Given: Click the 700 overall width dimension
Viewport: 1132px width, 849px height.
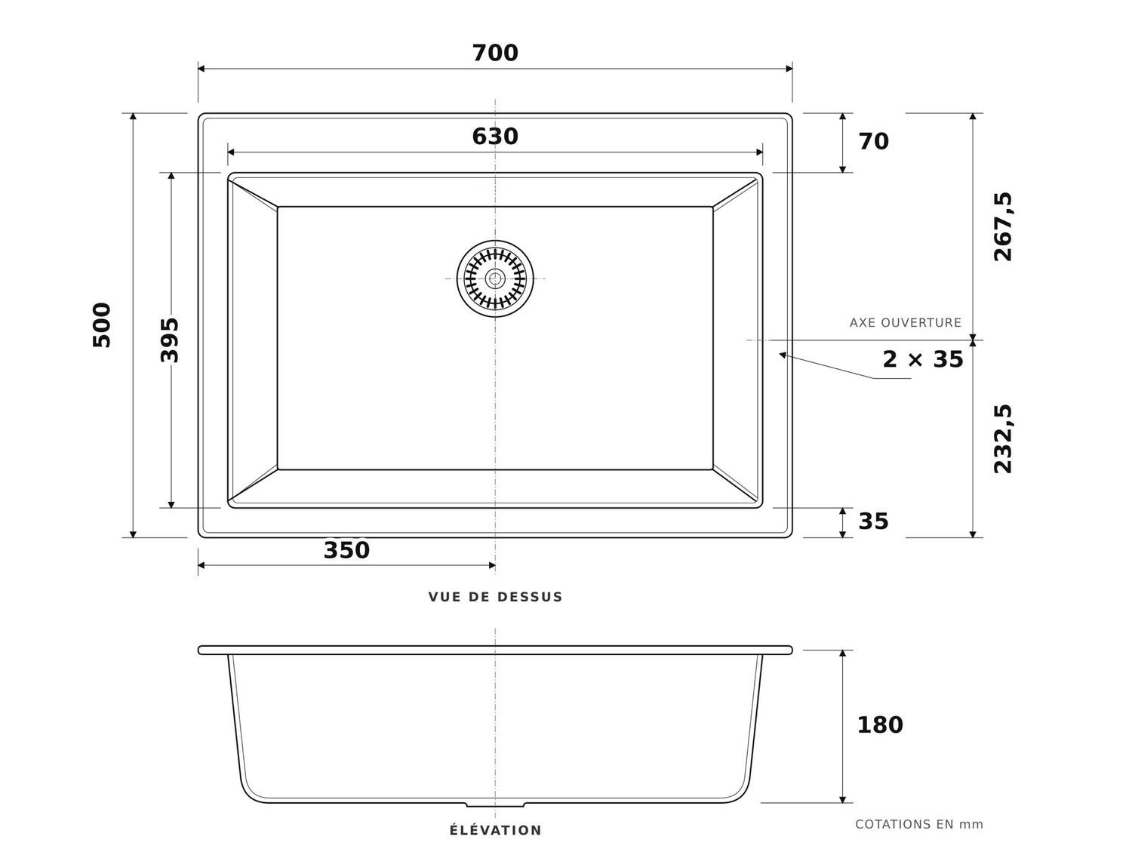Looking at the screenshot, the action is click(x=494, y=53).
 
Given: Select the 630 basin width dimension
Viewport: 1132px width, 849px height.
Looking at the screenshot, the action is click(x=494, y=137).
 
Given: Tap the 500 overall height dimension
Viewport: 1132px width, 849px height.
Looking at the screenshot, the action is click(x=102, y=325).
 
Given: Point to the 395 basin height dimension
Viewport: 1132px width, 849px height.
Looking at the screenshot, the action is click(x=170, y=340).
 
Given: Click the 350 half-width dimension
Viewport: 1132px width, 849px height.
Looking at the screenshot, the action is click(x=346, y=550).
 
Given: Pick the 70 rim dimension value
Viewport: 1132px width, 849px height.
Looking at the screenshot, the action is click(x=874, y=142).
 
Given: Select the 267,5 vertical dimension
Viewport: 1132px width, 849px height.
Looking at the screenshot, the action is click(x=1003, y=227).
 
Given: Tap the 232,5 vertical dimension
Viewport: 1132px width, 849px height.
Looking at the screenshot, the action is click(x=1003, y=439).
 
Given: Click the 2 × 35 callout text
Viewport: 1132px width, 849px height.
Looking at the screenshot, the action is click(x=923, y=359).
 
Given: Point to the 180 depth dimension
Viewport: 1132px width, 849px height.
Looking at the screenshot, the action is click(x=880, y=725).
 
